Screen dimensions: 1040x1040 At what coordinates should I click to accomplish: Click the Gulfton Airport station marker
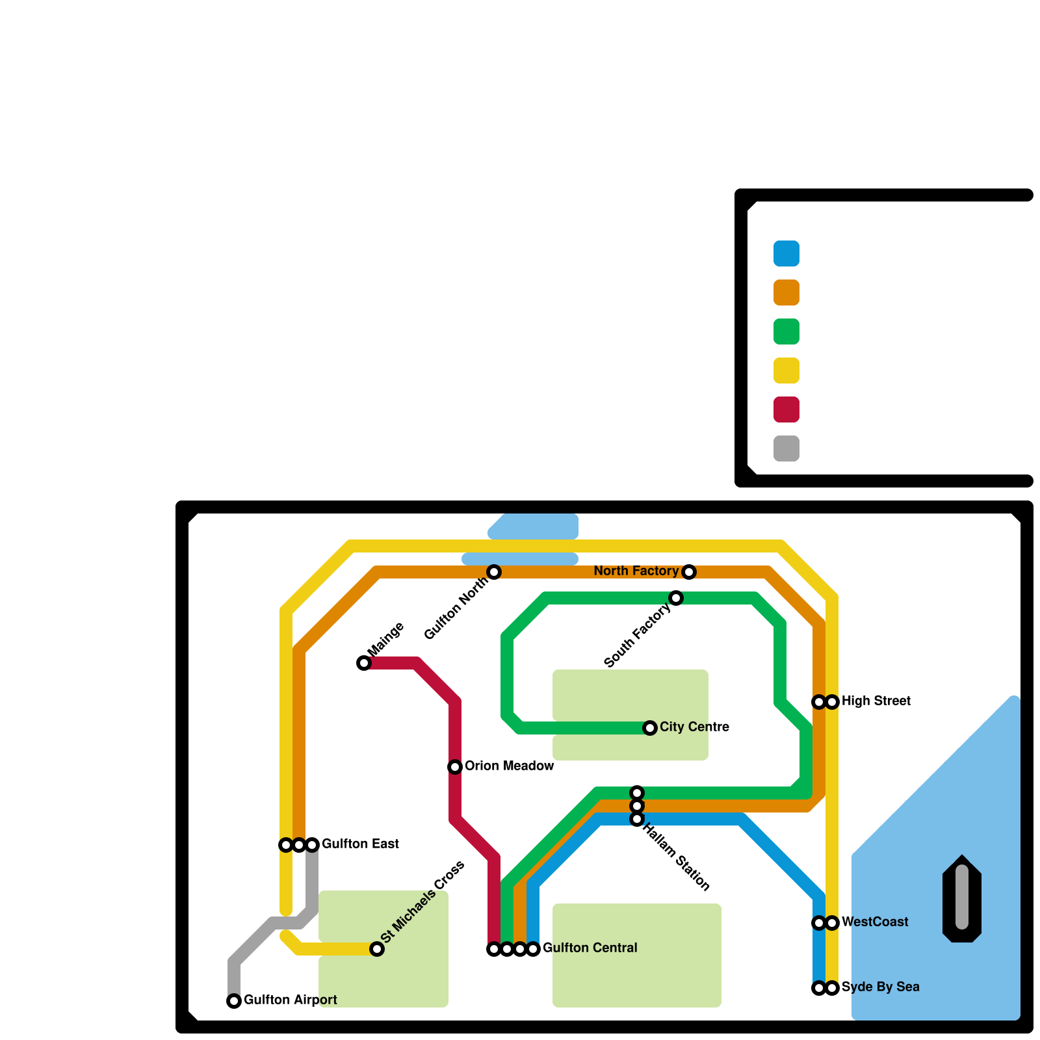pos(234,1001)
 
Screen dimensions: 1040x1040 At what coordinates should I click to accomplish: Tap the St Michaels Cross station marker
pos(377,949)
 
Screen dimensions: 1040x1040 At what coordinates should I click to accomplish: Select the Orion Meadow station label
pos(509,766)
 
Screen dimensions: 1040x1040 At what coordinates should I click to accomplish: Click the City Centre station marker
pos(650,728)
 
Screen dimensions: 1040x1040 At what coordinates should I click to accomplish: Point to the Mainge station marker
pos(364,663)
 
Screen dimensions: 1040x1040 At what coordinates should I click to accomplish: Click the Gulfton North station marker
pos(494,572)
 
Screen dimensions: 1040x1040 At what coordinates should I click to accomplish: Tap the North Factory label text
pos(636,571)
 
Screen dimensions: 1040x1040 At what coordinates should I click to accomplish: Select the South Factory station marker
pos(676,598)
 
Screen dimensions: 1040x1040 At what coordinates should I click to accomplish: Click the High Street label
pos(876,701)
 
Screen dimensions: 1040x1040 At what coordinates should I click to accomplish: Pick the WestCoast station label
pos(875,922)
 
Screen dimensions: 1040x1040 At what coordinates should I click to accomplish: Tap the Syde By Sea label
pos(880,987)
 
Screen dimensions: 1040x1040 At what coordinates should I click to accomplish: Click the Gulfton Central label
pos(590,948)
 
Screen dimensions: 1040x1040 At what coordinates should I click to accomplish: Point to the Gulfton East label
pos(360,844)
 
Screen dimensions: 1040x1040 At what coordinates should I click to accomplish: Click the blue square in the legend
pos(786,253)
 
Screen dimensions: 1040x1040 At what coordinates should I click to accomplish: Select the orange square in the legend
pos(786,292)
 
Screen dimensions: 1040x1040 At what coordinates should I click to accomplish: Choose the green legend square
pos(786,331)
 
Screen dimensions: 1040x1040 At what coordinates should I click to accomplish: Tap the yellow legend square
pos(786,370)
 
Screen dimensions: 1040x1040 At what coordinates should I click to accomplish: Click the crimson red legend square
pos(786,409)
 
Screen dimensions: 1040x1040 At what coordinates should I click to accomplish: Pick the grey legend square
pos(786,448)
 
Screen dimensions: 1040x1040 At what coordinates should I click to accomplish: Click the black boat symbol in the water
pos(962,898)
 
